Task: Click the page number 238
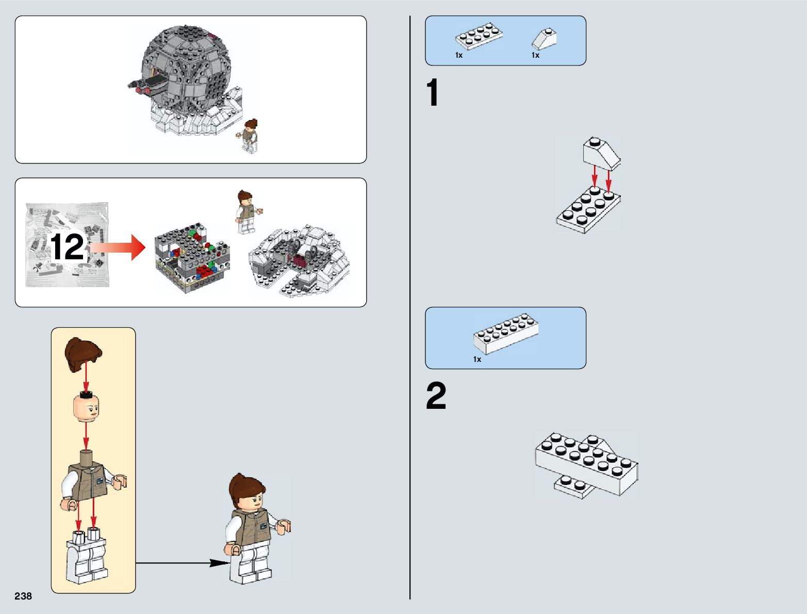pos(23,596)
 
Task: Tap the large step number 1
pos(432,92)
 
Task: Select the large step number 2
pos(436,395)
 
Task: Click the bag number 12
pos(67,246)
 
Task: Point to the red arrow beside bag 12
pos(118,247)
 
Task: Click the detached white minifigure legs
pos(87,555)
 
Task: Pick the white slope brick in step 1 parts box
pos(544,39)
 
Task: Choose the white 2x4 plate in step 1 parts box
pos(479,36)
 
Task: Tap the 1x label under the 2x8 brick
pos(477,359)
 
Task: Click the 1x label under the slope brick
pos(535,55)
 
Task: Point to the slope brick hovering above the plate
pos(601,154)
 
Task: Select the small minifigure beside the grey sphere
pos(248,136)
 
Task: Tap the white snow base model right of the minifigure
pos(299,259)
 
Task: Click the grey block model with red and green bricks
pos(192,257)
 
